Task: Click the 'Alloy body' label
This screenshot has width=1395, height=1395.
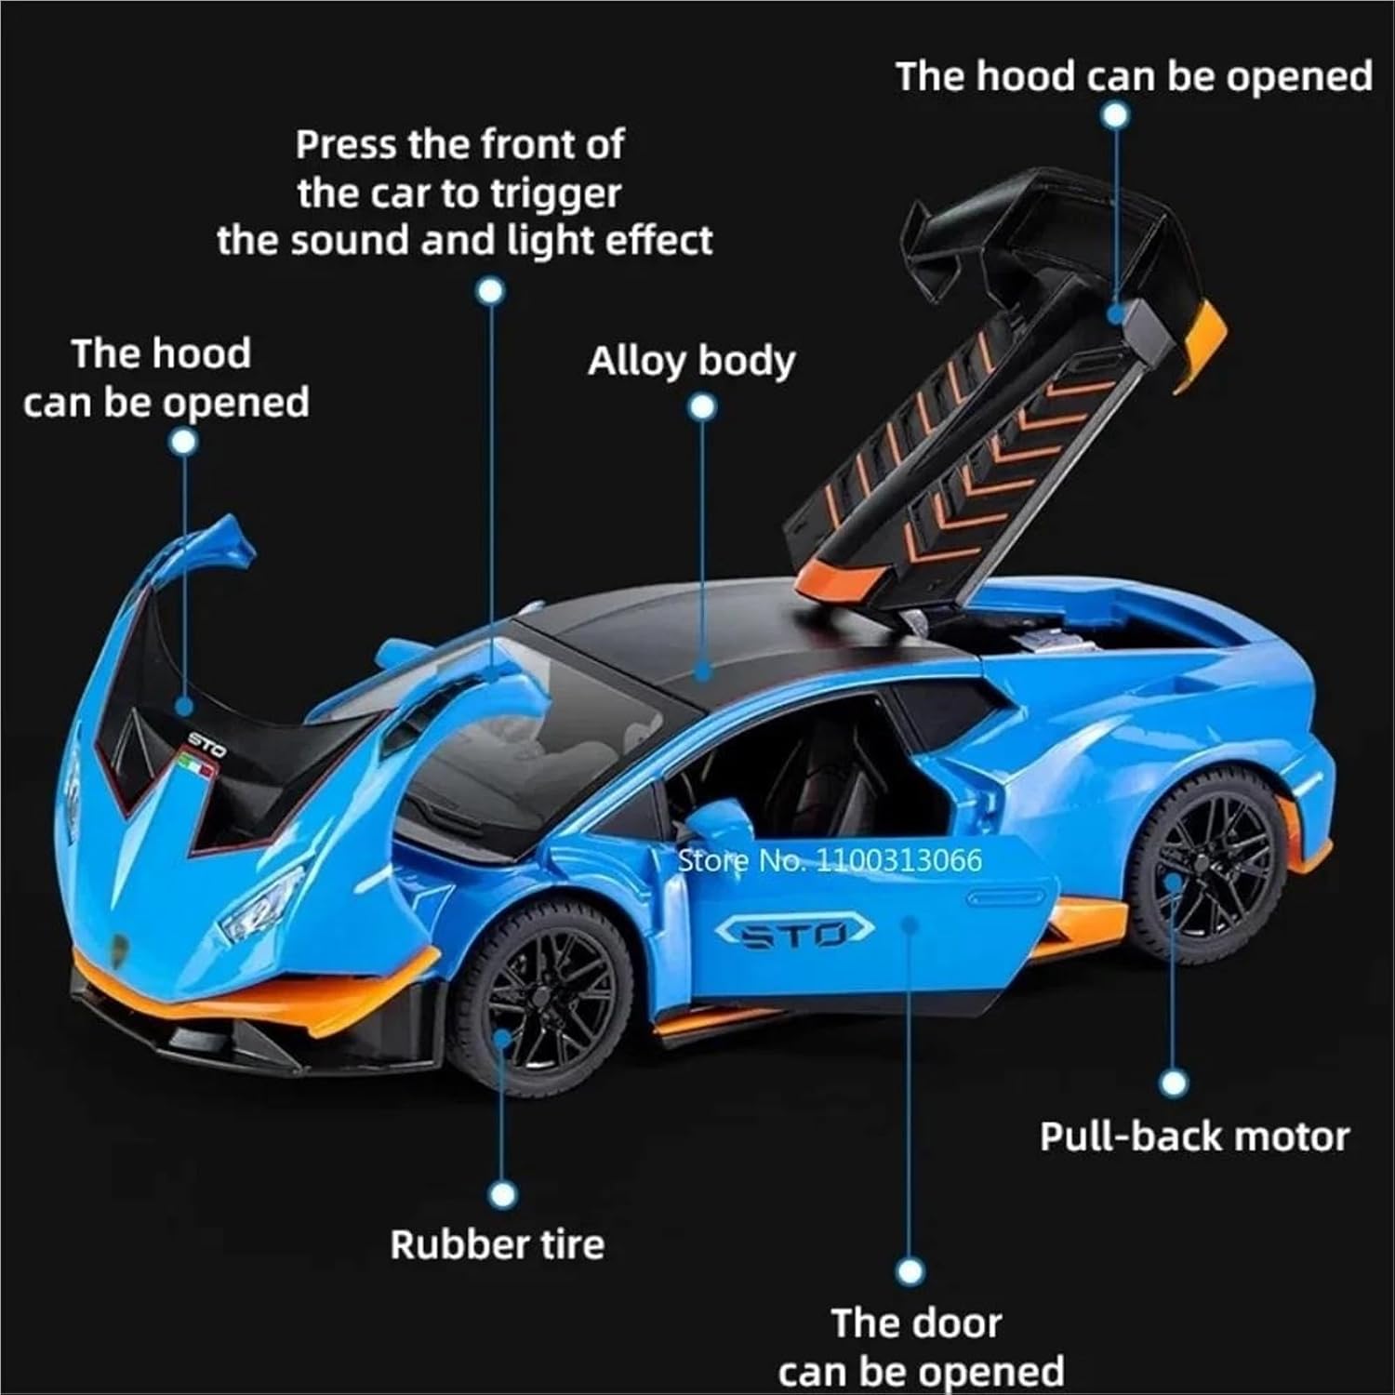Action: [x=691, y=362]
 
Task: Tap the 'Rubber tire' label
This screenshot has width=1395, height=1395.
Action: [x=497, y=1244]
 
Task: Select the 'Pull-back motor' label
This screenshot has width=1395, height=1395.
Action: [x=1194, y=1136]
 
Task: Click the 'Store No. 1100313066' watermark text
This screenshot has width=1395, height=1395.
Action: [x=830, y=860]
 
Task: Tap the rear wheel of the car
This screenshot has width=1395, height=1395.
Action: [x=1206, y=869]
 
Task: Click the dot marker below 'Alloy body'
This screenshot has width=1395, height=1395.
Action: [x=703, y=407]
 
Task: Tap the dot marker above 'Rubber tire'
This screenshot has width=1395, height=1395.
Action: [x=502, y=1194]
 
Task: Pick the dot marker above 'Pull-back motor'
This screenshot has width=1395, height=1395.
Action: [x=1175, y=1083]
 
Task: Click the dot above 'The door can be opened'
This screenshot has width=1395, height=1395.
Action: [x=912, y=1271]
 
